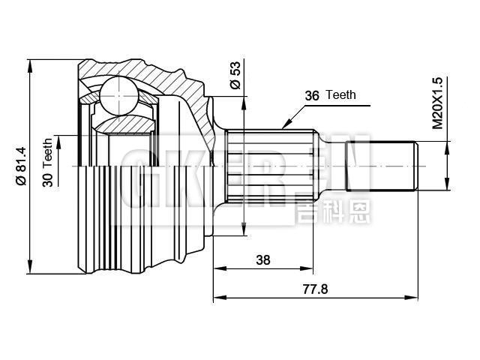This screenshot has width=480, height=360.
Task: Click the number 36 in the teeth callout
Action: coord(312,96)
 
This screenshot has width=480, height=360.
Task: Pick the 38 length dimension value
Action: coord(262,260)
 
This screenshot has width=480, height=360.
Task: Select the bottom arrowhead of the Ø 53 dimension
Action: coord(245,232)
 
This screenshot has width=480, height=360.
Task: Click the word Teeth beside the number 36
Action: coord(341,96)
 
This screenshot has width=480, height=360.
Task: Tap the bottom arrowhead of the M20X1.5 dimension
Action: coord(448,187)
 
